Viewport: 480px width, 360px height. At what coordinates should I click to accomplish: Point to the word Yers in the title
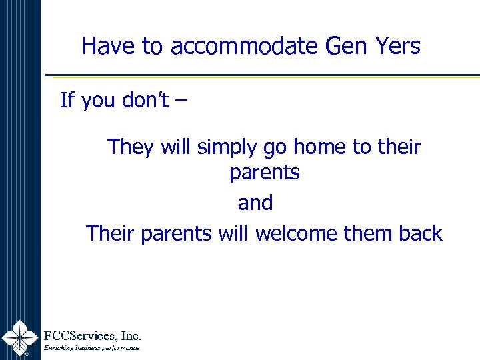[397, 46]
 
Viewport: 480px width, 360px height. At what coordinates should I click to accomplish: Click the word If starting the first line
[67, 101]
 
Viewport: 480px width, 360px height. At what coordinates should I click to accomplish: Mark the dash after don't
[182, 102]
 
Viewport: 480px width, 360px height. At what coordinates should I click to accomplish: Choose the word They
[131, 147]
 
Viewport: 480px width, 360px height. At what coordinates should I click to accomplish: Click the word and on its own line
[255, 203]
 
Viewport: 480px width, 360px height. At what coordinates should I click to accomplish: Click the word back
[421, 233]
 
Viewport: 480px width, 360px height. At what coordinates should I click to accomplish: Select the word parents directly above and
[265, 173]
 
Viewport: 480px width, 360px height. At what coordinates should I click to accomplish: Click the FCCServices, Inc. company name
[92, 335]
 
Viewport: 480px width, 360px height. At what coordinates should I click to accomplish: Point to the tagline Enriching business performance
[91, 348]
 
